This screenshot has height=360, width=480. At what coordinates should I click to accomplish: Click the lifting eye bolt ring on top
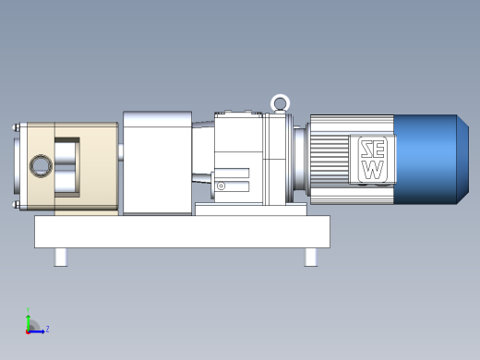[281, 96]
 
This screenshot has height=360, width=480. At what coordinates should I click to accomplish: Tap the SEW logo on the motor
[373, 160]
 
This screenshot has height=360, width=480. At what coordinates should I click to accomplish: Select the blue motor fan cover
[431, 160]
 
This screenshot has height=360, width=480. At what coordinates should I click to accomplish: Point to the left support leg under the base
[61, 257]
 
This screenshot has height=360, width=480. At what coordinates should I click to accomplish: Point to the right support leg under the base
[311, 257]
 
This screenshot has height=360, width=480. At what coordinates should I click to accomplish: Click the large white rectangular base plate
[182, 232]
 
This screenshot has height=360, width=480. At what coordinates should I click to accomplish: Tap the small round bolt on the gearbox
[221, 186]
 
